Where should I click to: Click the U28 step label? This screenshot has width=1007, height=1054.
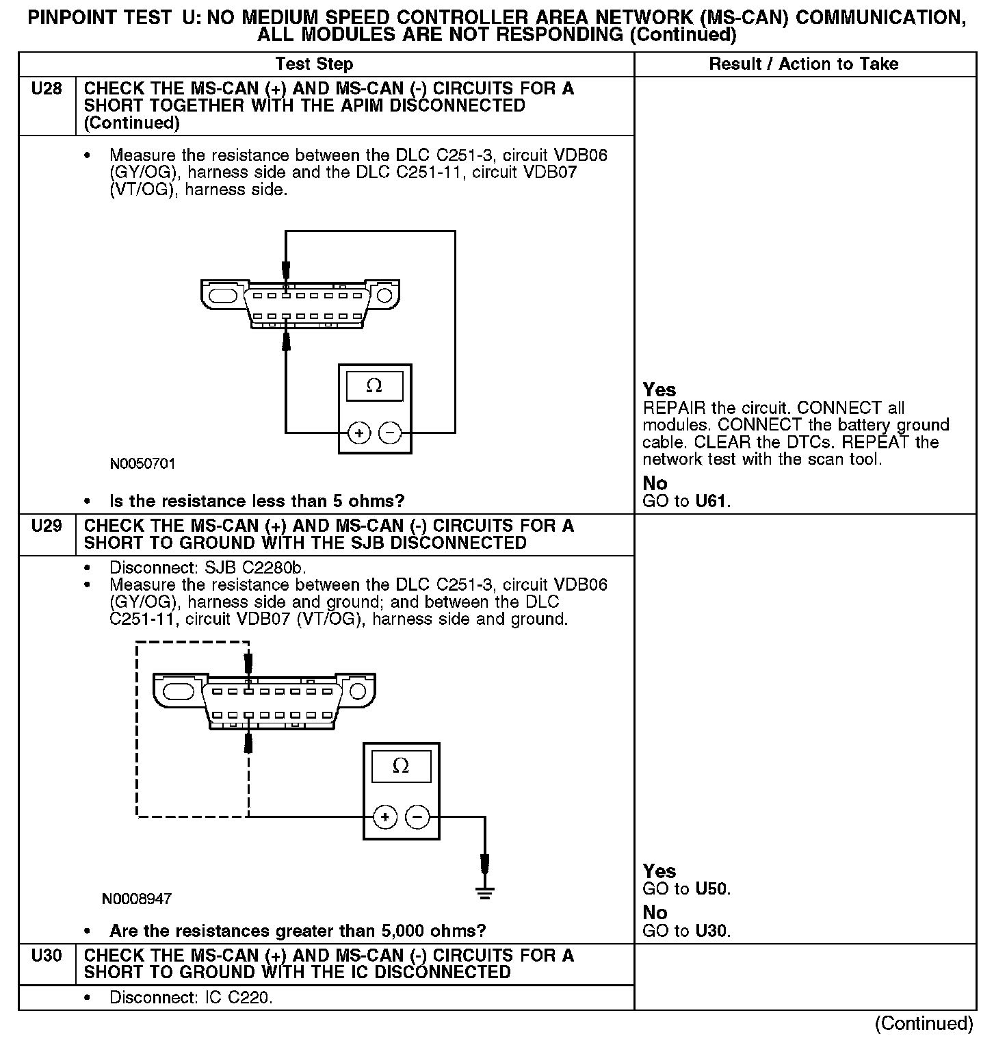pos(47,89)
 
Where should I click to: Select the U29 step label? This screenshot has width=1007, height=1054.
pos(47,526)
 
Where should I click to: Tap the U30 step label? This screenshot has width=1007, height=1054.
pos(47,955)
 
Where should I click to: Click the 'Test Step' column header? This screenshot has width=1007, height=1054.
pos(314,64)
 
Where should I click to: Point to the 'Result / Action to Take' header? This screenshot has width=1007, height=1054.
pos(803,64)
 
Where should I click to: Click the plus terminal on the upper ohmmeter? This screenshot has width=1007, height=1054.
pos(359,433)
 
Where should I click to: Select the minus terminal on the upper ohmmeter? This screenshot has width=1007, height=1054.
pos(390,433)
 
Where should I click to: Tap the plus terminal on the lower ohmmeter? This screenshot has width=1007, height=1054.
pos(385,817)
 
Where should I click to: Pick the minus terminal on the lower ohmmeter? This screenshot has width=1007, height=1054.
pos(417,817)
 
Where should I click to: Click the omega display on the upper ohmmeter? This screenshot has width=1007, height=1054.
pos(374,387)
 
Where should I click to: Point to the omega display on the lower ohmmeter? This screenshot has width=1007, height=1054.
pos(401,766)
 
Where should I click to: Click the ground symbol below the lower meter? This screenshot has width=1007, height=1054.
pos(484,890)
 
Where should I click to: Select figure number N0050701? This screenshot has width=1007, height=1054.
pos(142,464)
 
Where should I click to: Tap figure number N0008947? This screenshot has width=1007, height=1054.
pos(137,899)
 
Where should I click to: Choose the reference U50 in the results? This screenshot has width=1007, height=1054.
pos(712,889)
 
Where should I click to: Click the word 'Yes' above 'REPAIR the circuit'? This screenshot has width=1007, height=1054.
pos(659,390)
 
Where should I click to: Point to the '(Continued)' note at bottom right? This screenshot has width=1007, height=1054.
pos(924,1023)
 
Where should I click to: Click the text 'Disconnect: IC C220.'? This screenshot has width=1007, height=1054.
pos(191,998)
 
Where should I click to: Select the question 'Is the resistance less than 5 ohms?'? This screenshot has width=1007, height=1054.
pos(257,501)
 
